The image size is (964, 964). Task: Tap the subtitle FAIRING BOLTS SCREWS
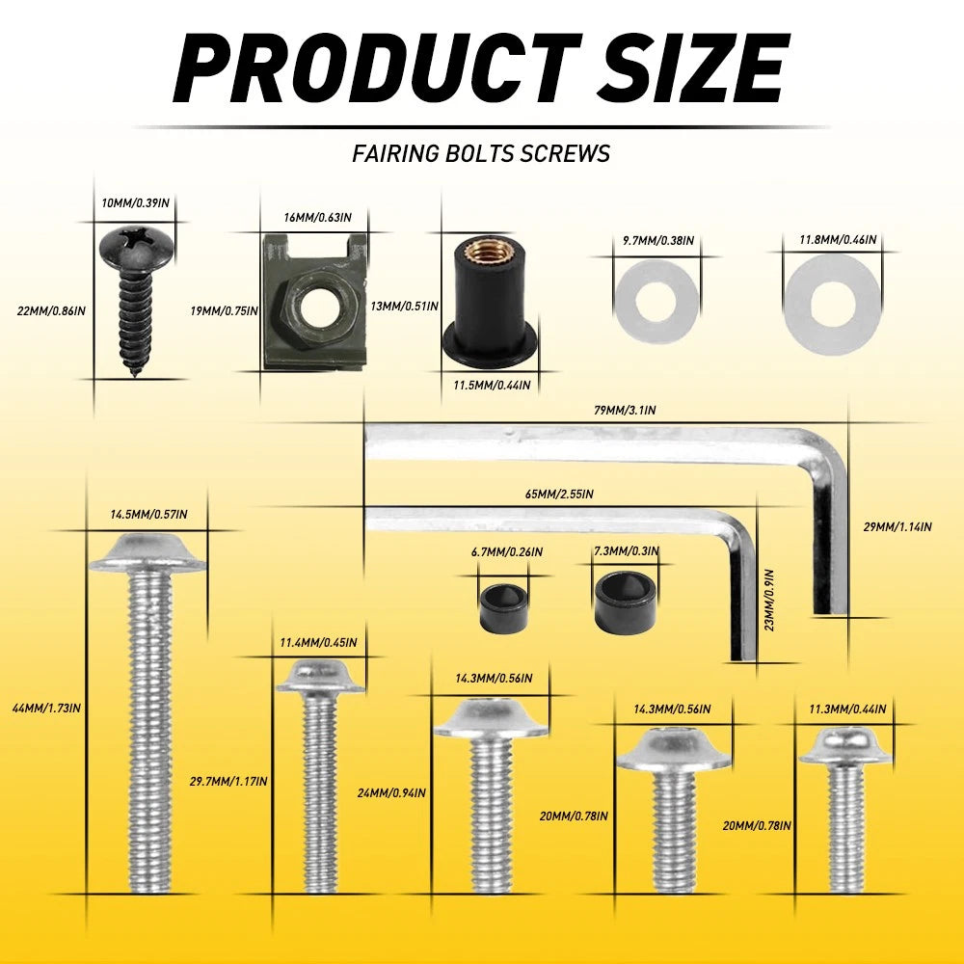click(x=481, y=153)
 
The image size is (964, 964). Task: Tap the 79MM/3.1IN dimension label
click(x=625, y=410)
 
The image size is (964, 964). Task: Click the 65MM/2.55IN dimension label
click(x=559, y=494)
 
